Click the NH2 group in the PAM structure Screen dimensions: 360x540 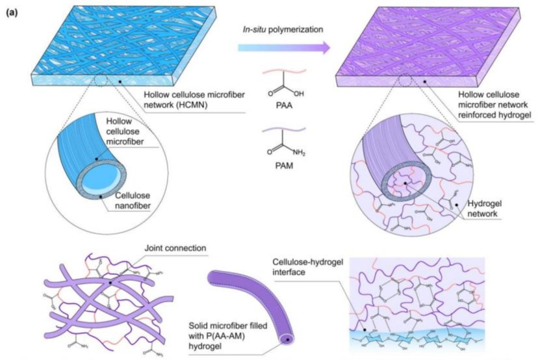point(300,157)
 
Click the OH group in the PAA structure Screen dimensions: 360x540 point(299,92)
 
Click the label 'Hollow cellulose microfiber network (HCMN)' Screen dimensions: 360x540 point(186,98)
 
